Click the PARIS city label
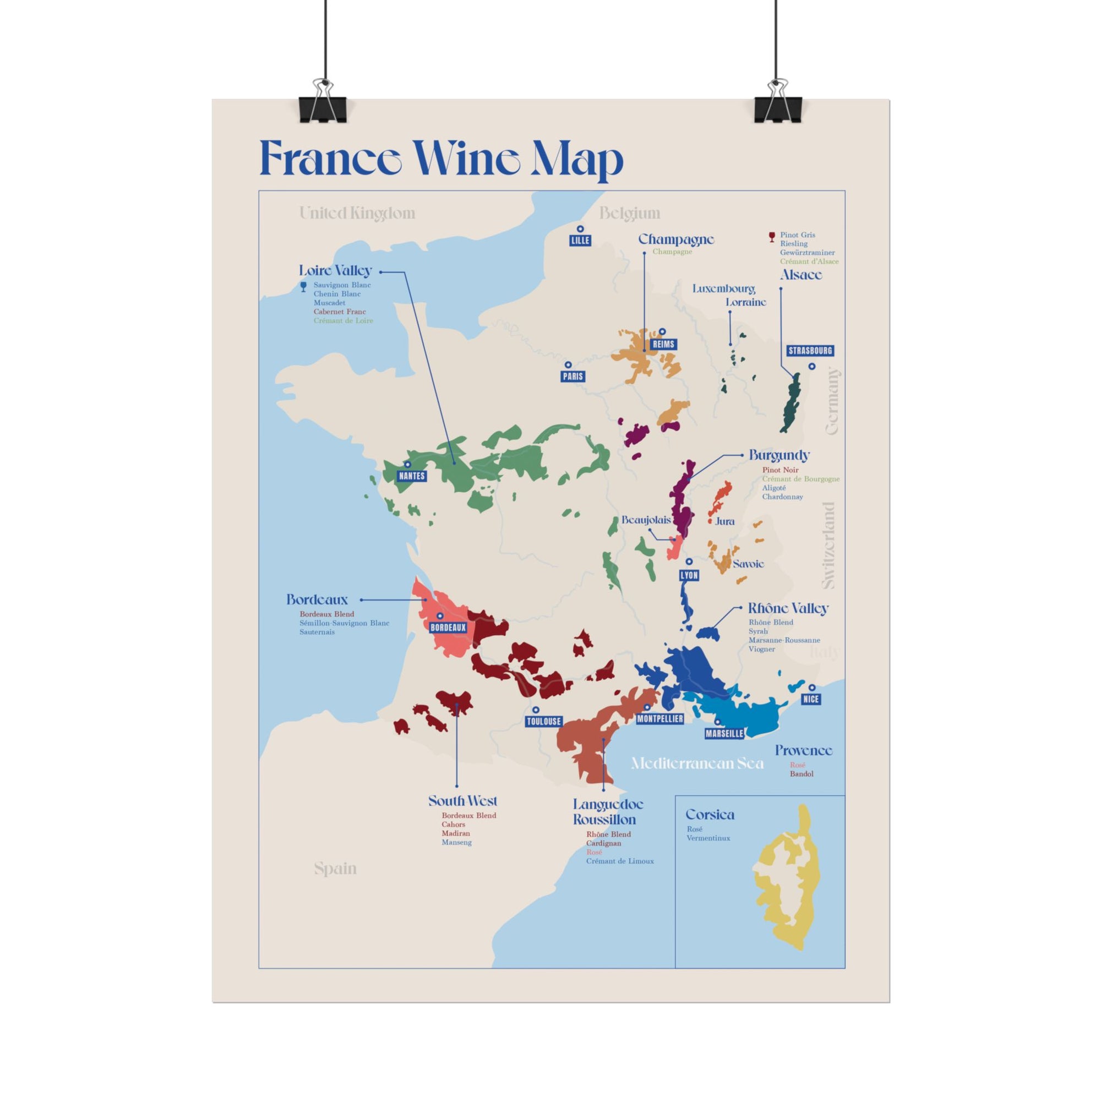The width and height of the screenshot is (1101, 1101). pyautogui.click(x=573, y=376)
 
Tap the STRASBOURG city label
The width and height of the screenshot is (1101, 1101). pyautogui.click(x=810, y=351)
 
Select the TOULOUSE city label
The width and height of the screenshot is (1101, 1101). pyautogui.click(x=544, y=722)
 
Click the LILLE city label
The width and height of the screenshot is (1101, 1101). pyautogui.click(x=580, y=241)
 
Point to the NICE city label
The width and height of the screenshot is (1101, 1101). pyautogui.click(x=810, y=699)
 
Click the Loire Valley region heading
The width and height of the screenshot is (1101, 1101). pyautogui.click(x=335, y=271)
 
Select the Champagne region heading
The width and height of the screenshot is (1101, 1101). pyautogui.click(x=675, y=239)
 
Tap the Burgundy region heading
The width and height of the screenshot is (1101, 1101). pyautogui.click(x=779, y=455)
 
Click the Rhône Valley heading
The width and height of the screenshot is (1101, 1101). pyautogui.click(x=788, y=608)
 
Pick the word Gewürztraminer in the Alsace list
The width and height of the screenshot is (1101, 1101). pyautogui.click(x=807, y=253)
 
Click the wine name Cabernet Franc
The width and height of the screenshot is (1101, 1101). pyautogui.click(x=340, y=312)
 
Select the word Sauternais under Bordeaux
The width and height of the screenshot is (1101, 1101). pyautogui.click(x=317, y=632)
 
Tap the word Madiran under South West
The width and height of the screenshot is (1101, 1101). pyautogui.click(x=455, y=833)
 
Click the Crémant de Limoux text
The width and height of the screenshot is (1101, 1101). pyautogui.click(x=619, y=861)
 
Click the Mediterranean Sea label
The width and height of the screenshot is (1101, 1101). pyautogui.click(x=697, y=763)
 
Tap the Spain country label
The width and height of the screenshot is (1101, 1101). pyautogui.click(x=335, y=869)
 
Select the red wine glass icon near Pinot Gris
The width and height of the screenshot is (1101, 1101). pyautogui.click(x=772, y=237)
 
